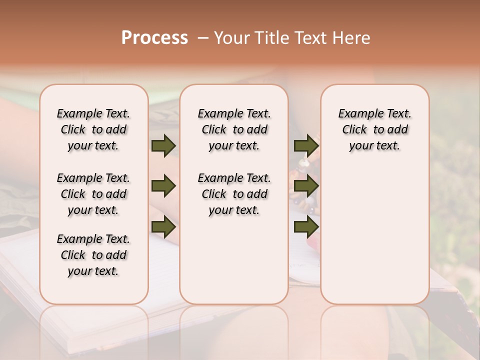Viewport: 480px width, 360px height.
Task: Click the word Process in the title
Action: [x=154, y=38]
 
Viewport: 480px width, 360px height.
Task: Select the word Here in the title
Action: [x=351, y=38]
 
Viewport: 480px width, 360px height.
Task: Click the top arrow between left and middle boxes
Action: [x=163, y=145]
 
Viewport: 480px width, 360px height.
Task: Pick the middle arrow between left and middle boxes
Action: [x=163, y=186]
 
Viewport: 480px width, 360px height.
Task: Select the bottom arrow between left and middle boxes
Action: [x=163, y=227]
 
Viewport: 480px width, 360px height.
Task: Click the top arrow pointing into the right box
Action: [x=306, y=145]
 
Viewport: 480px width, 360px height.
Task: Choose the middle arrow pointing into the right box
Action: [x=306, y=186]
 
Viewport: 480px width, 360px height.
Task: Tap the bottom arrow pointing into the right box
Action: [x=306, y=227]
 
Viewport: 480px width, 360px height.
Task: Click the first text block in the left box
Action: [x=93, y=129]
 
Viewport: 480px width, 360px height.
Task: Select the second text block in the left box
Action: [x=93, y=194]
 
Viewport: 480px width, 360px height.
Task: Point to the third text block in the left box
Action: [x=93, y=255]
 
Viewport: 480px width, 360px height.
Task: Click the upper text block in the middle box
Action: [x=234, y=129]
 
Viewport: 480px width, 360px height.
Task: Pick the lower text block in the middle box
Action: [x=234, y=194]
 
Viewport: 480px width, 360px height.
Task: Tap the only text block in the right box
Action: [x=374, y=129]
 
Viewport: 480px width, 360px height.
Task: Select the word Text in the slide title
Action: [x=312, y=38]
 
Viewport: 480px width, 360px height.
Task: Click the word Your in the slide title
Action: [x=232, y=38]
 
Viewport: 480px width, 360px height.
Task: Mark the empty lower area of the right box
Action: [x=374, y=230]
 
